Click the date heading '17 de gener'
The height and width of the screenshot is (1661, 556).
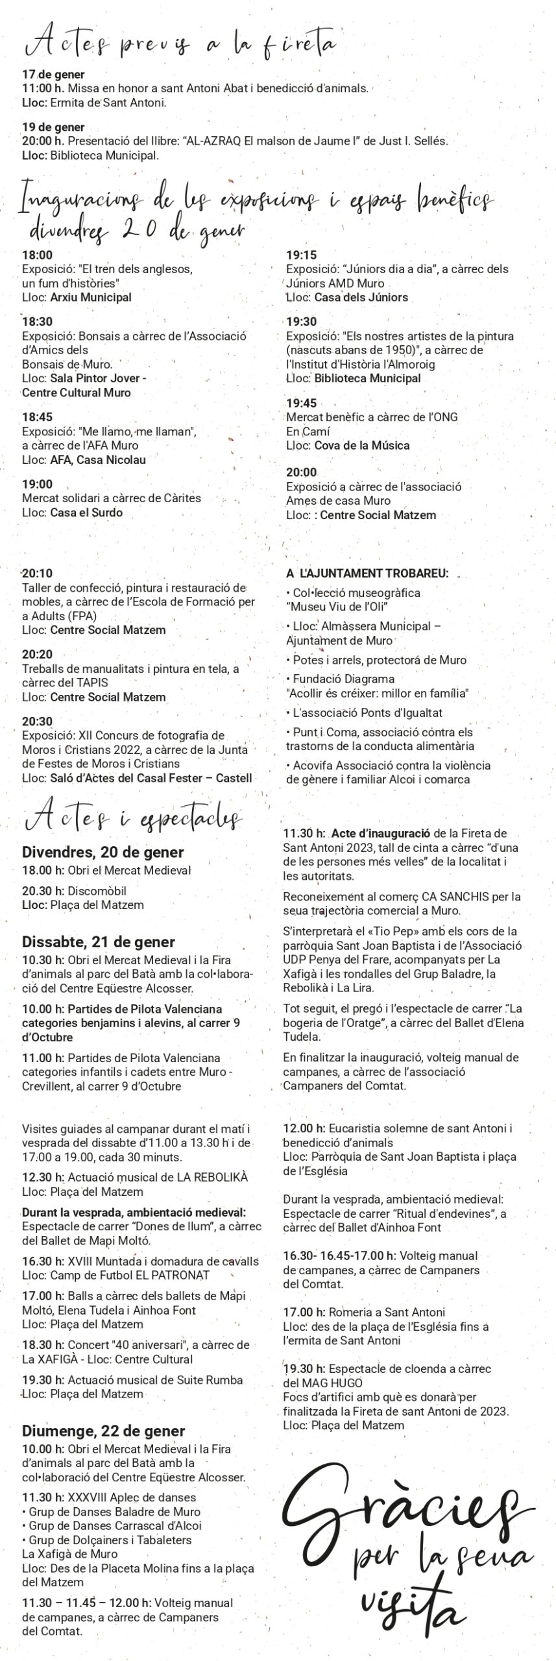[x=53, y=75]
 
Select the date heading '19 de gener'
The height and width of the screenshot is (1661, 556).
[x=53, y=127]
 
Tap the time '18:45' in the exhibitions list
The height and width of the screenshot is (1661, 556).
[x=37, y=417]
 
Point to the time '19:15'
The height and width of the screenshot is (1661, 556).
[x=302, y=255]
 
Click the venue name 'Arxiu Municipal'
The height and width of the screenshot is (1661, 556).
[x=91, y=297]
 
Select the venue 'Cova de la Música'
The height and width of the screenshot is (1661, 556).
[x=362, y=446]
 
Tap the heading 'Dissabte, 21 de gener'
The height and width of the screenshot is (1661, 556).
[x=99, y=941]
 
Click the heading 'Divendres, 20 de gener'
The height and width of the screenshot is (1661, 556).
[x=103, y=852]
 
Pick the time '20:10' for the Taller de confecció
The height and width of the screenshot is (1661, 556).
[x=37, y=573]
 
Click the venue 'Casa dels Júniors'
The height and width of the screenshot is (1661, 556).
[x=361, y=297]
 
